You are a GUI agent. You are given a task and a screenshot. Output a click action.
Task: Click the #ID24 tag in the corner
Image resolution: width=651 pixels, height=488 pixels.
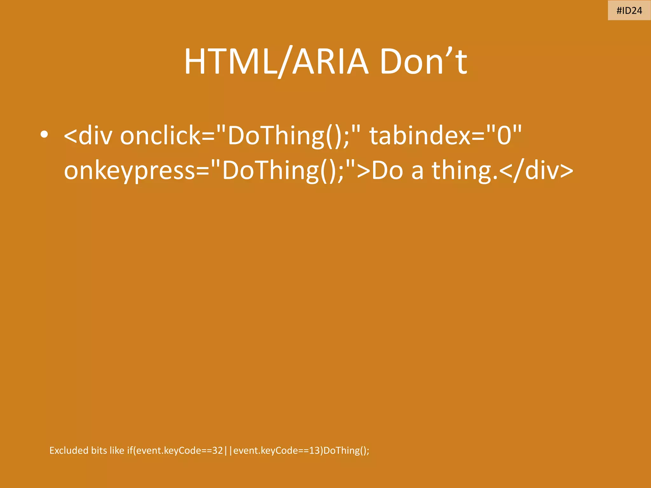(629, 10)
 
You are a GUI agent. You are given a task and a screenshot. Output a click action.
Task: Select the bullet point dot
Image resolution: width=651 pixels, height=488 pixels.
(44, 135)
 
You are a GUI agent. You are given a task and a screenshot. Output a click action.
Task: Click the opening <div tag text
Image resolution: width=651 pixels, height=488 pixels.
(88, 136)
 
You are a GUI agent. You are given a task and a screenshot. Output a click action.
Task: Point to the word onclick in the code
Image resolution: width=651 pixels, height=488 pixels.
(161, 136)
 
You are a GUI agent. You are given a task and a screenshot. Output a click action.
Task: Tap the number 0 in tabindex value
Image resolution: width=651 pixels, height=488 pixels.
(504, 136)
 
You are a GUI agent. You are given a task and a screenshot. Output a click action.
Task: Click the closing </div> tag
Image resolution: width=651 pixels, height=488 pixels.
(536, 171)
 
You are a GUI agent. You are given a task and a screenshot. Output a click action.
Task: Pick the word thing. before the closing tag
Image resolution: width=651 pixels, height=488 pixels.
(464, 171)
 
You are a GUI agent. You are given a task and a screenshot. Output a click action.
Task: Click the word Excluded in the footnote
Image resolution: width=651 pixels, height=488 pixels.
(69, 450)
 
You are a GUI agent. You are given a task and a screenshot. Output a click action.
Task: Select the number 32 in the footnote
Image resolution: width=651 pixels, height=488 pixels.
(217, 450)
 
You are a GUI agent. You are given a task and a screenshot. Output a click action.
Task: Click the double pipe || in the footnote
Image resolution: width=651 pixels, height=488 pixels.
(228, 451)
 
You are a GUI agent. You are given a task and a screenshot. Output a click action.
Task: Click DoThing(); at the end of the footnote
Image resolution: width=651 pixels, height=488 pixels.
(346, 451)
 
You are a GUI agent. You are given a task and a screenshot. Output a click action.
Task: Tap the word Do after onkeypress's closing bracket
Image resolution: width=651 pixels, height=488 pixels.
(387, 171)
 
